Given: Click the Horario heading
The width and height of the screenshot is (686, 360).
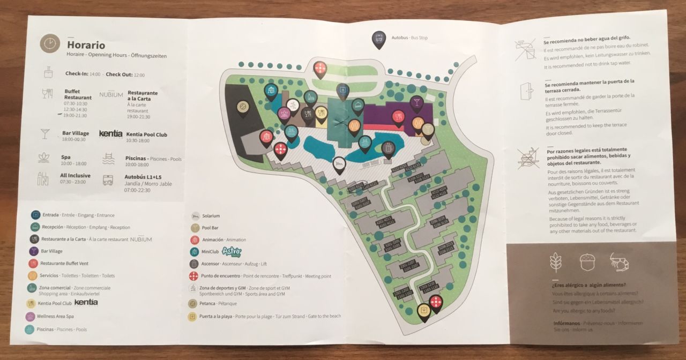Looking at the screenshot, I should pos(86,46).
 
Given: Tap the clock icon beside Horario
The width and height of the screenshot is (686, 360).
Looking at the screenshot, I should pos(49,44).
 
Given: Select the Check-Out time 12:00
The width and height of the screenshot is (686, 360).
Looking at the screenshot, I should pos(139,75).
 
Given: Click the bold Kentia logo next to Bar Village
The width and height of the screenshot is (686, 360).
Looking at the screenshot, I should pos(111,133).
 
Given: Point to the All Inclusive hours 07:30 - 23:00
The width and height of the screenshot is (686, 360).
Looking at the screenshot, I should pos(72,182).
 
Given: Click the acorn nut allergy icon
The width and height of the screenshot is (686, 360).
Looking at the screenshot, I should pos(588,262).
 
